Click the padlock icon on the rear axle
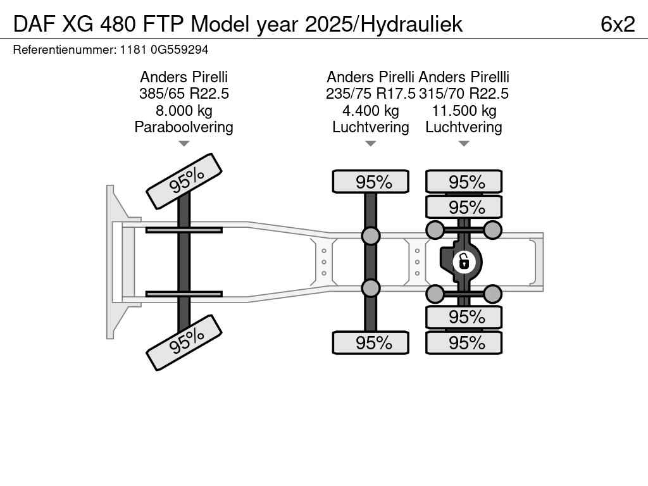coord(464,262)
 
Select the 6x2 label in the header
coord(618,24)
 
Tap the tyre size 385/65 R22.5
coord(184,94)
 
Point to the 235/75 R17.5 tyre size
coord(370,94)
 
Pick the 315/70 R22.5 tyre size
coord(464,94)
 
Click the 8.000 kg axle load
coord(184,111)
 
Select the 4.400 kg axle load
coord(371,111)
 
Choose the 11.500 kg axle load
coord(464,111)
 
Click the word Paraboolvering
coord(184,127)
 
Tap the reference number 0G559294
coord(180,50)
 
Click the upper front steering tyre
coord(184,181)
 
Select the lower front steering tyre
coord(184,342)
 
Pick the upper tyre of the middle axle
coord(371,182)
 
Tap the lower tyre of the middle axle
coord(371,342)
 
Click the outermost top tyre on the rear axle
coord(464,182)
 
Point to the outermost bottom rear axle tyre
coord(464,342)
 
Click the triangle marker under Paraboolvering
coord(184,144)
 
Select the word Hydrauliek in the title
coord(411,25)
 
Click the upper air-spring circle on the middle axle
coord(371,235)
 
